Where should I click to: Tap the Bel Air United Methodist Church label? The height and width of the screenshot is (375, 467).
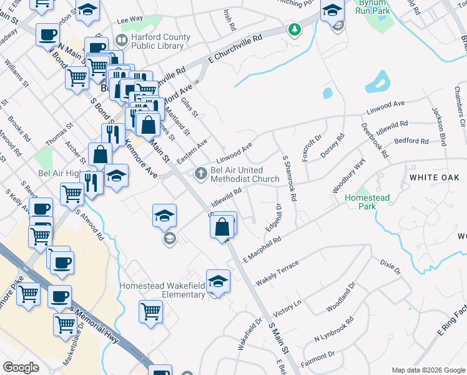[245, 174]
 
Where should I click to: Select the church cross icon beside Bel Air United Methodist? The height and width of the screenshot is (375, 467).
[200, 172]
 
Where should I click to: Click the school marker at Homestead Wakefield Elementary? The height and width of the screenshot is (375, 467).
[218, 282]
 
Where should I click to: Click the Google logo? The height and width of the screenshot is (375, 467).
[21, 367]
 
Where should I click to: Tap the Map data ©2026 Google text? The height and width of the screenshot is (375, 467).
[427, 370]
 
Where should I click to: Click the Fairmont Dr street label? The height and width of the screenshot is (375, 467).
[315, 359]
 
